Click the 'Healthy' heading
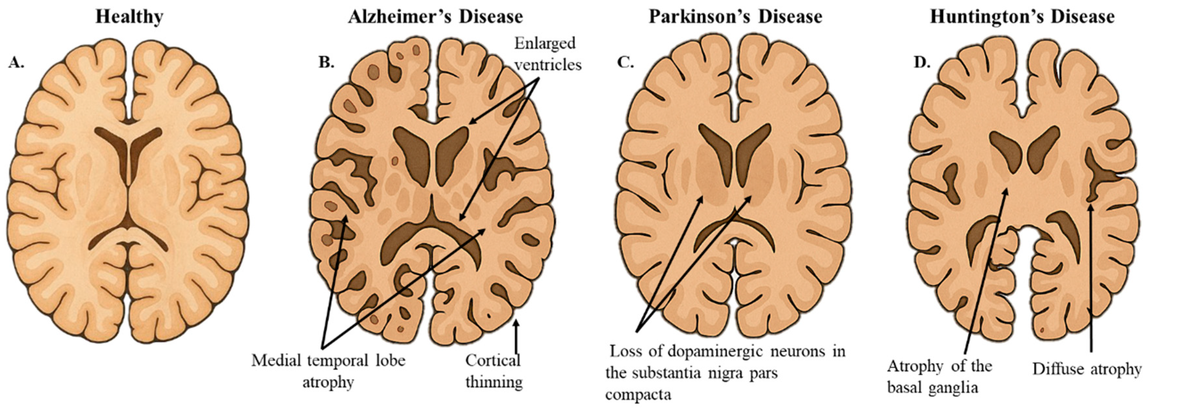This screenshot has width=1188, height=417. [129, 17]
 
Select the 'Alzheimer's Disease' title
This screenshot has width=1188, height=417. [435, 17]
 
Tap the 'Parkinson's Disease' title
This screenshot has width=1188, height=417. [736, 17]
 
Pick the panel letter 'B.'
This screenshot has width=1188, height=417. [326, 62]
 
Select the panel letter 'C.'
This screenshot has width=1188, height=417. [625, 62]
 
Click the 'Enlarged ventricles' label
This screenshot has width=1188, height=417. [547, 54]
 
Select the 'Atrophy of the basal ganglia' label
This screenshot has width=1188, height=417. [939, 377]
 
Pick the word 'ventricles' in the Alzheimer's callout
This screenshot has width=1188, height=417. [548, 65]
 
